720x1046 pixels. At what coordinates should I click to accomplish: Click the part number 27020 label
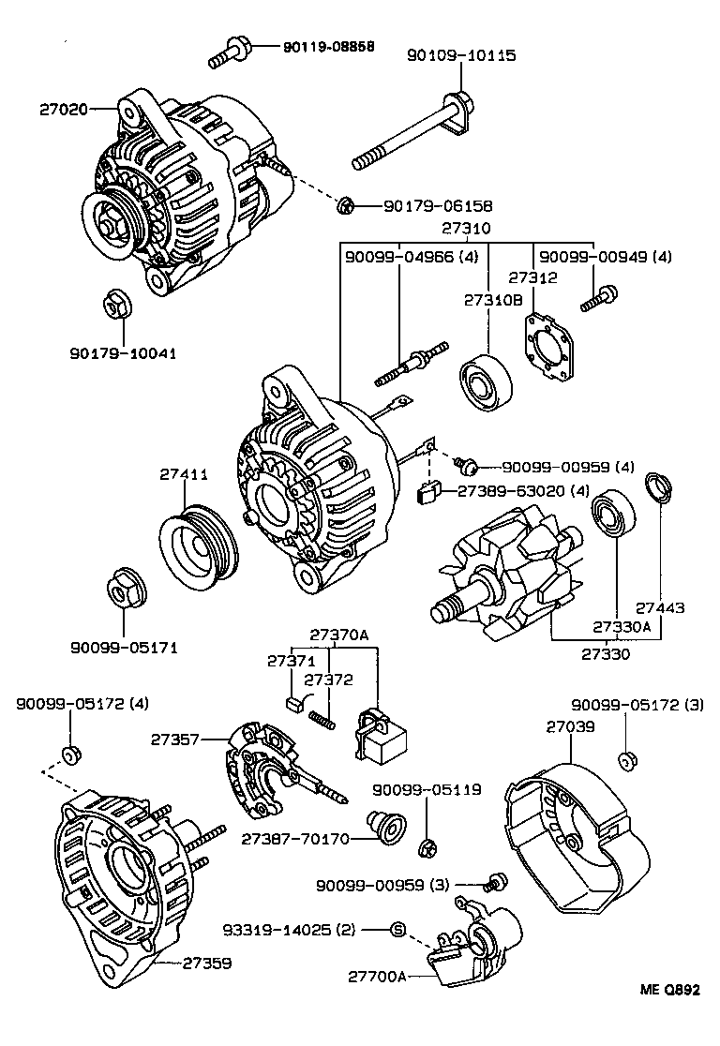[x=63, y=110]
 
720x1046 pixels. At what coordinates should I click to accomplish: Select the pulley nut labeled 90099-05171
[x=122, y=589]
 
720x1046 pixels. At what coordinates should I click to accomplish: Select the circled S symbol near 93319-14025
[x=397, y=930]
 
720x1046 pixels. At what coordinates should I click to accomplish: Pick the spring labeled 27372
[x=322, y=718]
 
